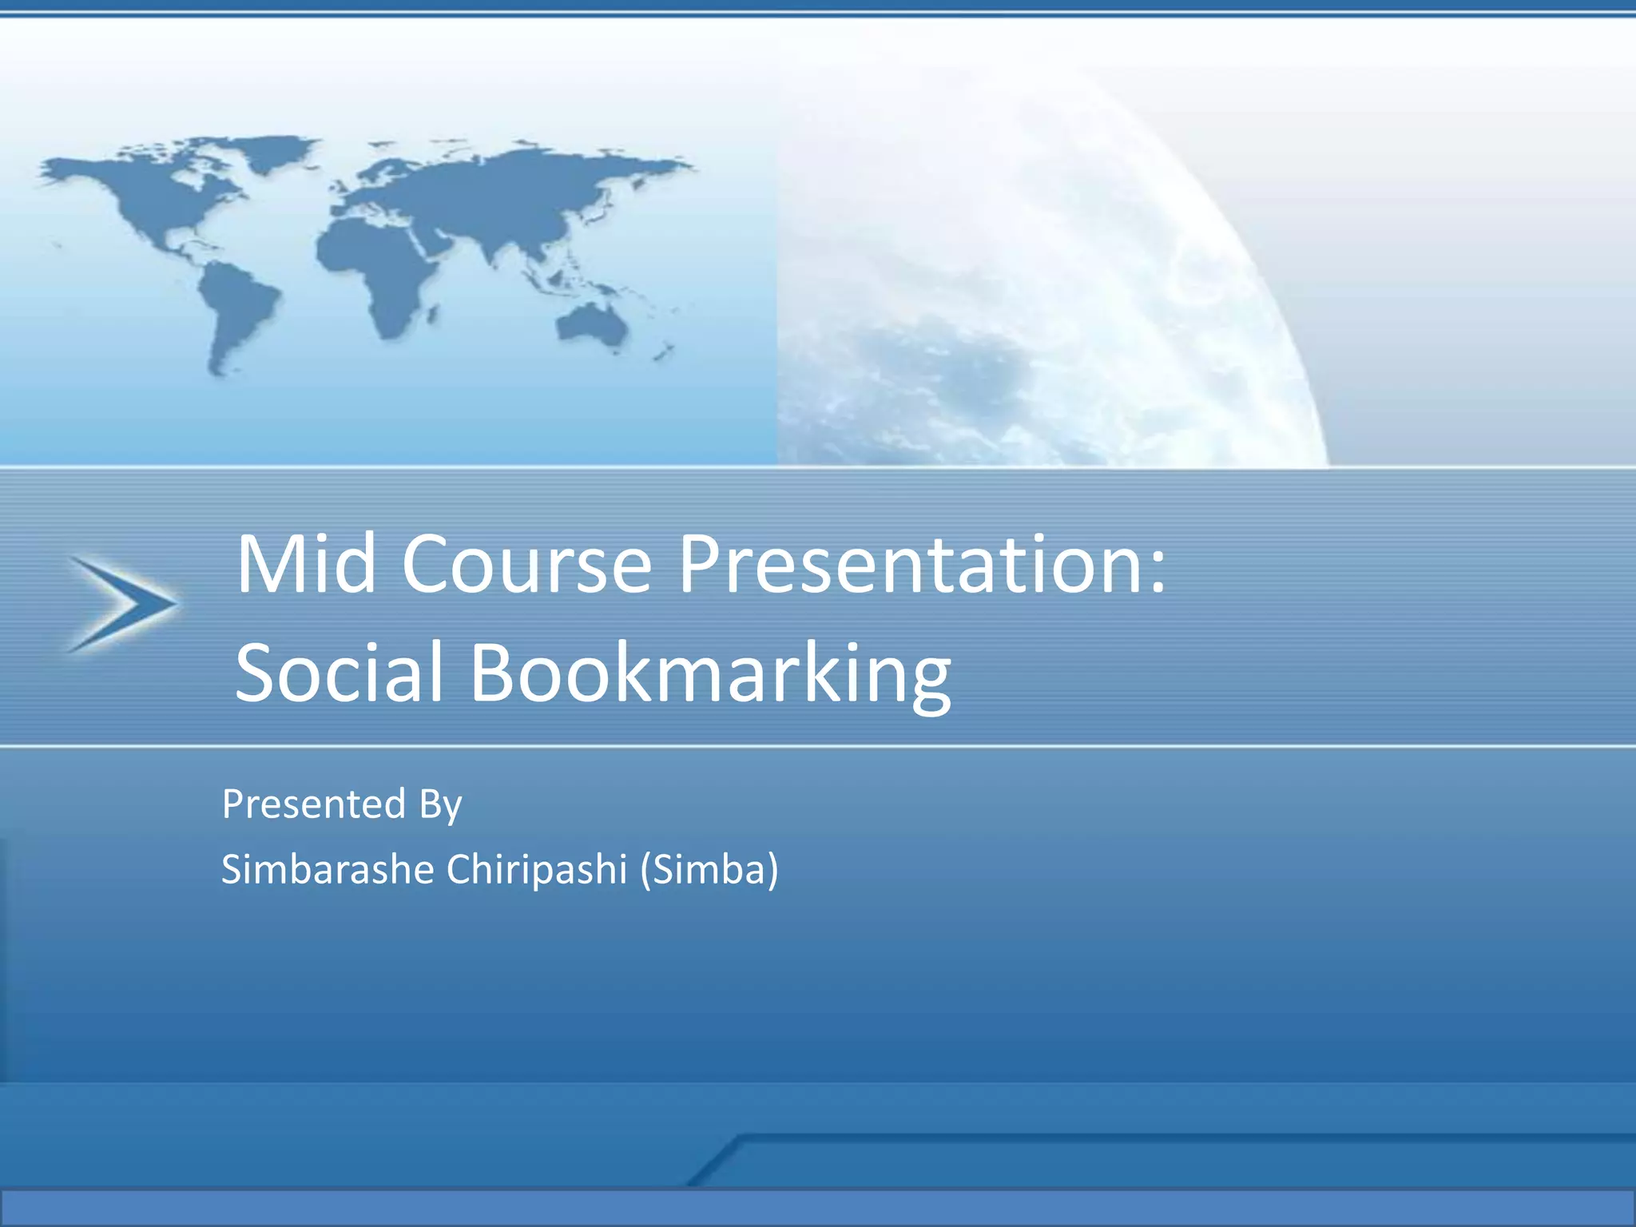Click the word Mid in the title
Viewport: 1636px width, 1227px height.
(x=305, y=564)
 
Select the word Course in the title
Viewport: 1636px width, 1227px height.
(x=526, y=564)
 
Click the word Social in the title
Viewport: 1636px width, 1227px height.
(x=339, y=673)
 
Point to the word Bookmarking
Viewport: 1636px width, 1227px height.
(x=710, y=673)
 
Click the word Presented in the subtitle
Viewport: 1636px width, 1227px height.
(x=314, y=804)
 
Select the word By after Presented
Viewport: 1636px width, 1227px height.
(x=440, y=805)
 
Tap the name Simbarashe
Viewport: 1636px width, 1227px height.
(x=328, y=869)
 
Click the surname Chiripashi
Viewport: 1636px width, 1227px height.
(x=536, y=869)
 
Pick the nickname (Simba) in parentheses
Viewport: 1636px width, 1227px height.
(x=709, y=869)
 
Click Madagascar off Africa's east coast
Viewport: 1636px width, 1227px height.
(x=432, y=314)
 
